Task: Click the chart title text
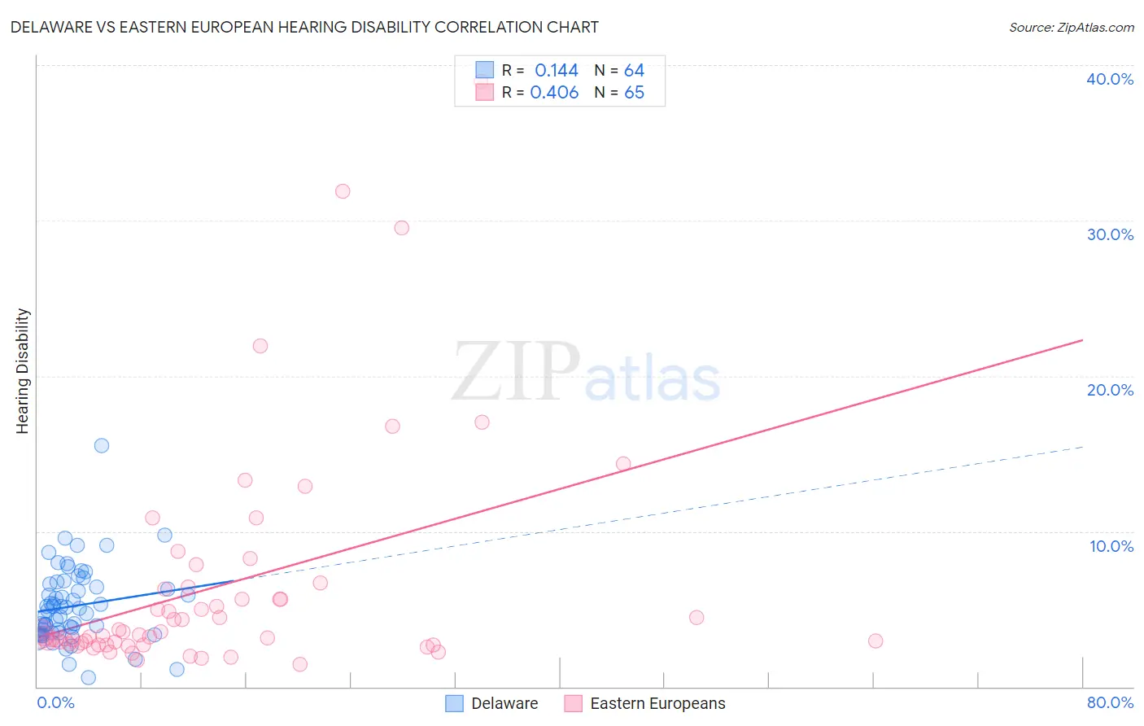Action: coord(304,27)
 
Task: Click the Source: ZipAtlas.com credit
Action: coord(1071,27)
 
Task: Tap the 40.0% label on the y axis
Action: coord(1110,79)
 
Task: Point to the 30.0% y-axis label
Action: coord(1110,234)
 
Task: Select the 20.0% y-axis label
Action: coord(1110,390)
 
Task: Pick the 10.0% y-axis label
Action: coord(1111,546)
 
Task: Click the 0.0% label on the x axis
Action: coord(55,702)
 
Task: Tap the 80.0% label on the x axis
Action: coord(1110,702)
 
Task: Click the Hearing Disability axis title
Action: coord(23,370)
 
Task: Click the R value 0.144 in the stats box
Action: coord(557,71)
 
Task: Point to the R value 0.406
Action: coord(554,93)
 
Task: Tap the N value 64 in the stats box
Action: coord(634,71)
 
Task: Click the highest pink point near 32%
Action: coord(343,191)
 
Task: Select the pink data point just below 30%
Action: coord(401,228)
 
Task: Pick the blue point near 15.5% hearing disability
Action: coord(102,445)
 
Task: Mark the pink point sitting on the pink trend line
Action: coord(623,464)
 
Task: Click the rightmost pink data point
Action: coord(875,641)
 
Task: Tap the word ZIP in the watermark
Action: coord(516,372)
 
